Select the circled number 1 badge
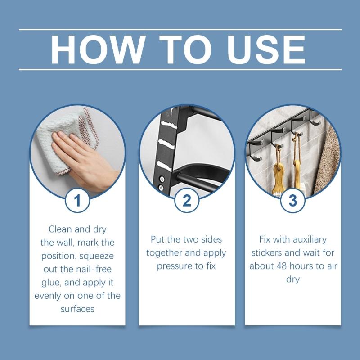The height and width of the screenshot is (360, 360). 77,200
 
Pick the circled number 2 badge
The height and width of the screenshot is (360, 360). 186,200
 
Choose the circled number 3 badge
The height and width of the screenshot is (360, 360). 292,200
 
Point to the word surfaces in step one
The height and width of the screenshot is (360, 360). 77,309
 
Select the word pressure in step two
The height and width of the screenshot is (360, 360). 175,266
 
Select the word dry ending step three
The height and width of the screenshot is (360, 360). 292,279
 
